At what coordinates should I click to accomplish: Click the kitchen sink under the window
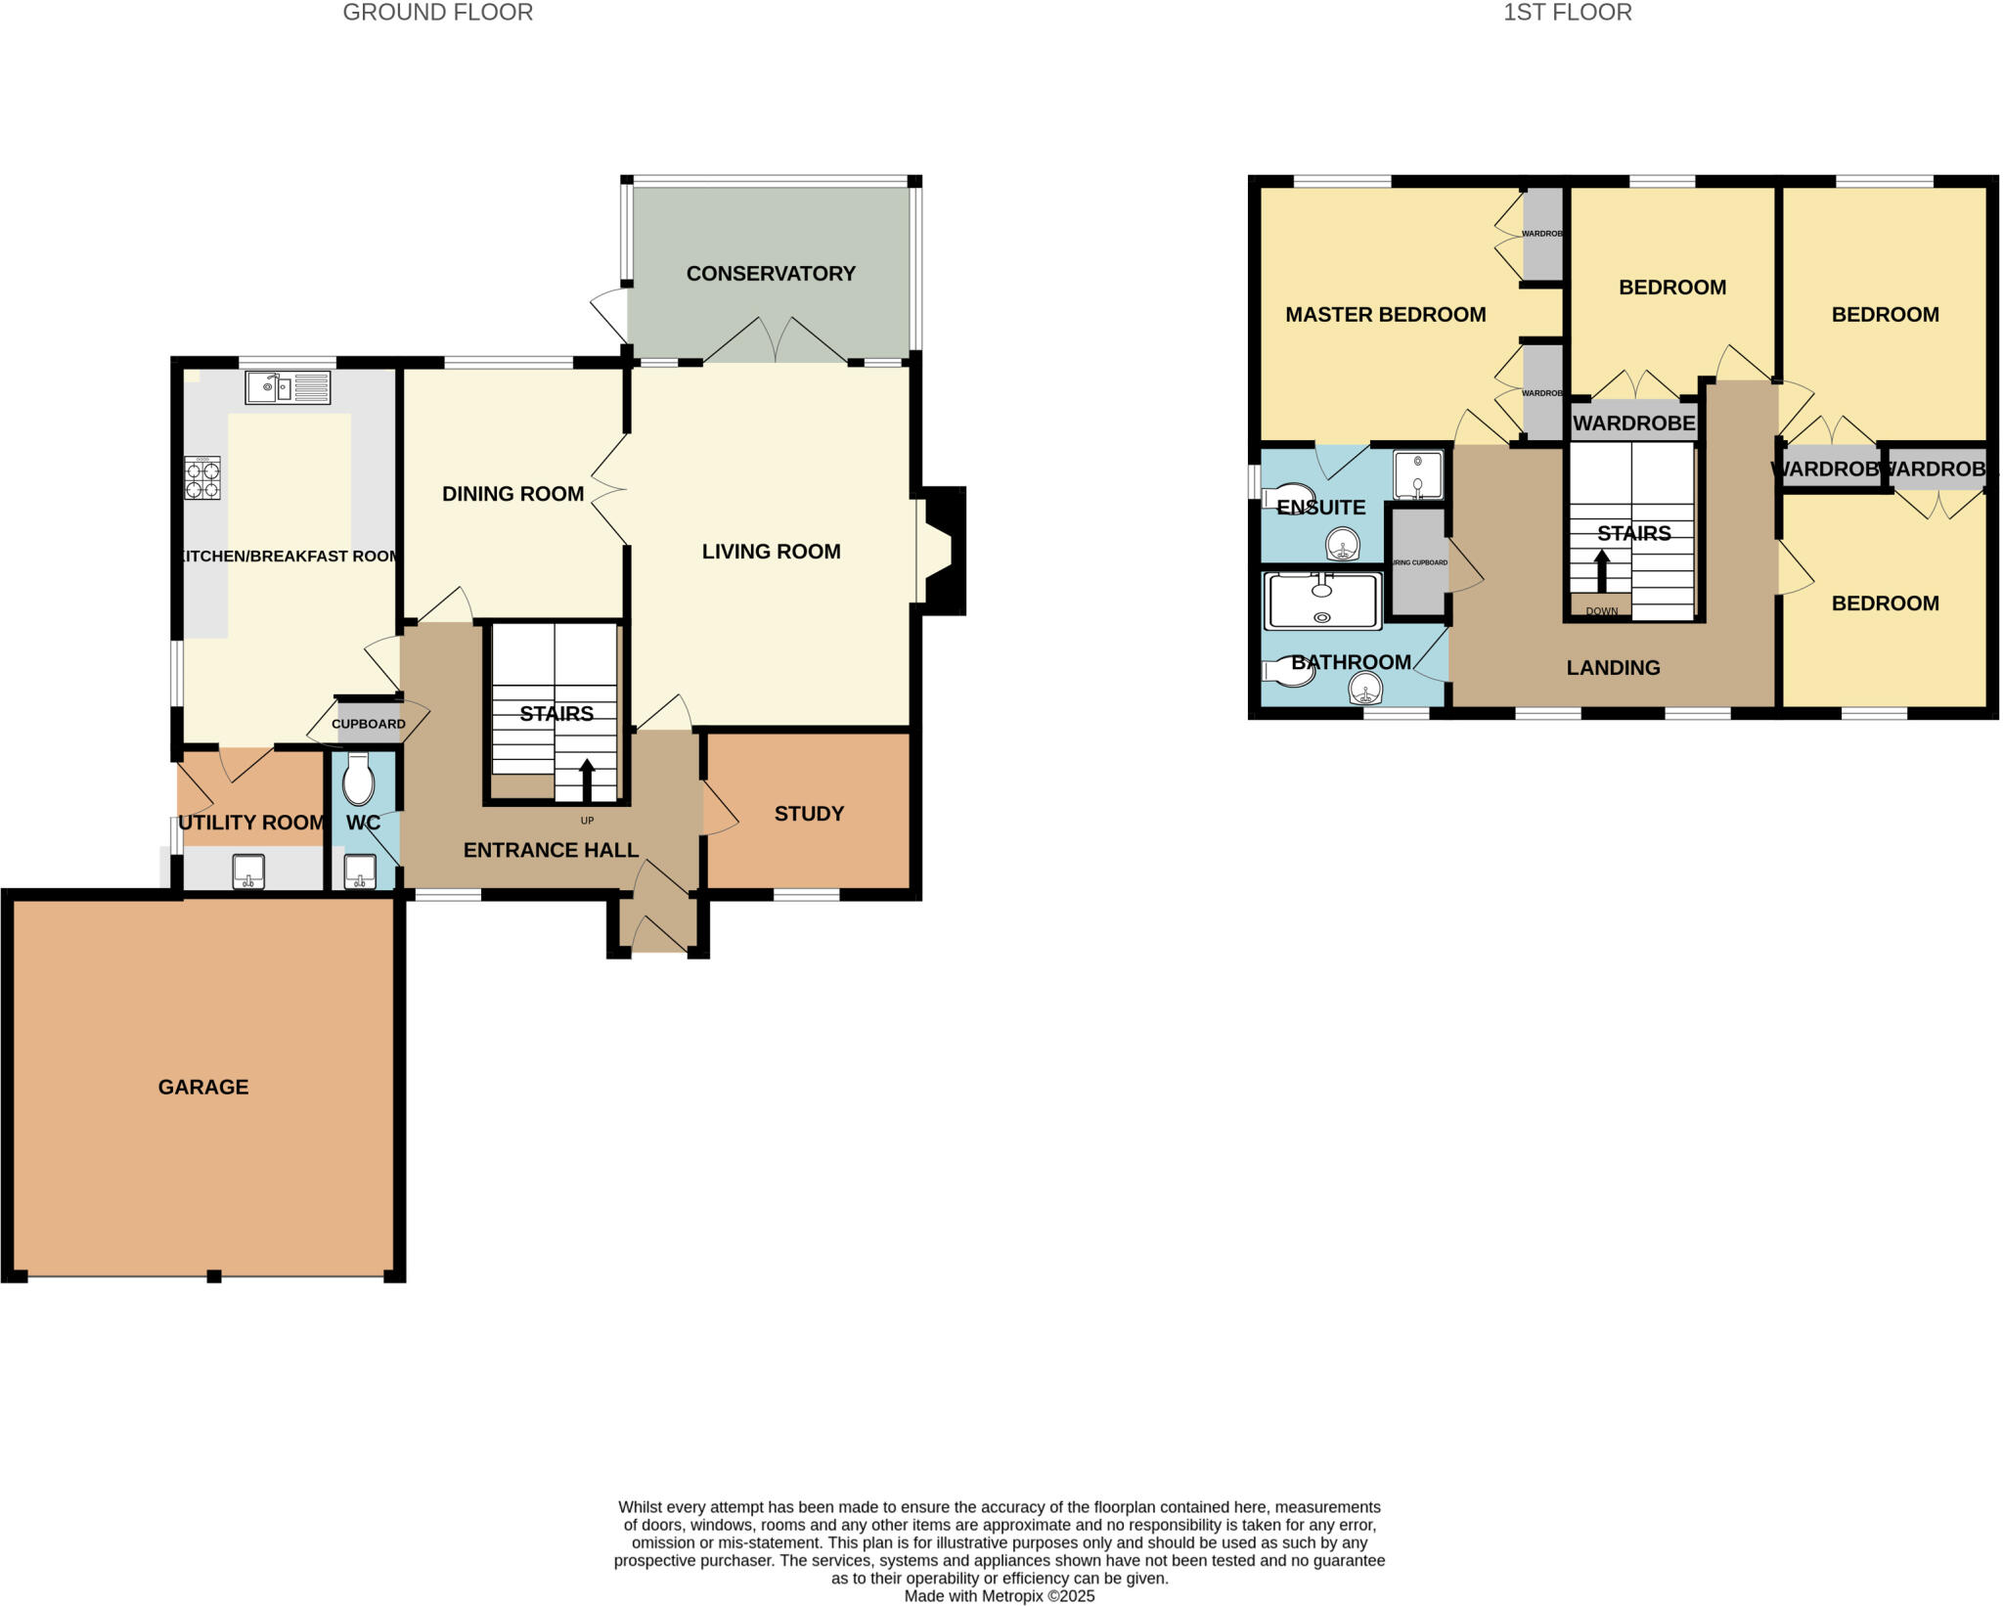coord(287,388)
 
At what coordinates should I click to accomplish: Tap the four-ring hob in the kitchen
coord(202,478)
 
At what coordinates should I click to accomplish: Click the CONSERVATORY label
coord(771,274)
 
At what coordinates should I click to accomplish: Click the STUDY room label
coord(809,814)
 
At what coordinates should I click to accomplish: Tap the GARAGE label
coord(203,1087)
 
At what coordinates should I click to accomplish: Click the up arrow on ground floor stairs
coord(587,781)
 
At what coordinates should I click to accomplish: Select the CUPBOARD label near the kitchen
coord(368,724)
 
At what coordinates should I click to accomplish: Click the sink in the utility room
coord(248,871)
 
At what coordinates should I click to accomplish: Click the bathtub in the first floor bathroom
coord(1322,601)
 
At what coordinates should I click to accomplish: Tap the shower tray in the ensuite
coord(1417,475)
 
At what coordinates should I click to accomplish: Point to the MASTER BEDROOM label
coord(1385,315)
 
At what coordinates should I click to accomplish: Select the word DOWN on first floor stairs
coord(1601,611)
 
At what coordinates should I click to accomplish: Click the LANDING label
coord(1613,668)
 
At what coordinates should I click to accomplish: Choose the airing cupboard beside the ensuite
coord(1418,562)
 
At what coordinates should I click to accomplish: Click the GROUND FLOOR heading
coord(437,13)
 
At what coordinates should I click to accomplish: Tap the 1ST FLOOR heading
coord(1567,13)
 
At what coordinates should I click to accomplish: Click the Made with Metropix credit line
coord(999,1596)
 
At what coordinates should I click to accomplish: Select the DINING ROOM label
coord(512,494)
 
